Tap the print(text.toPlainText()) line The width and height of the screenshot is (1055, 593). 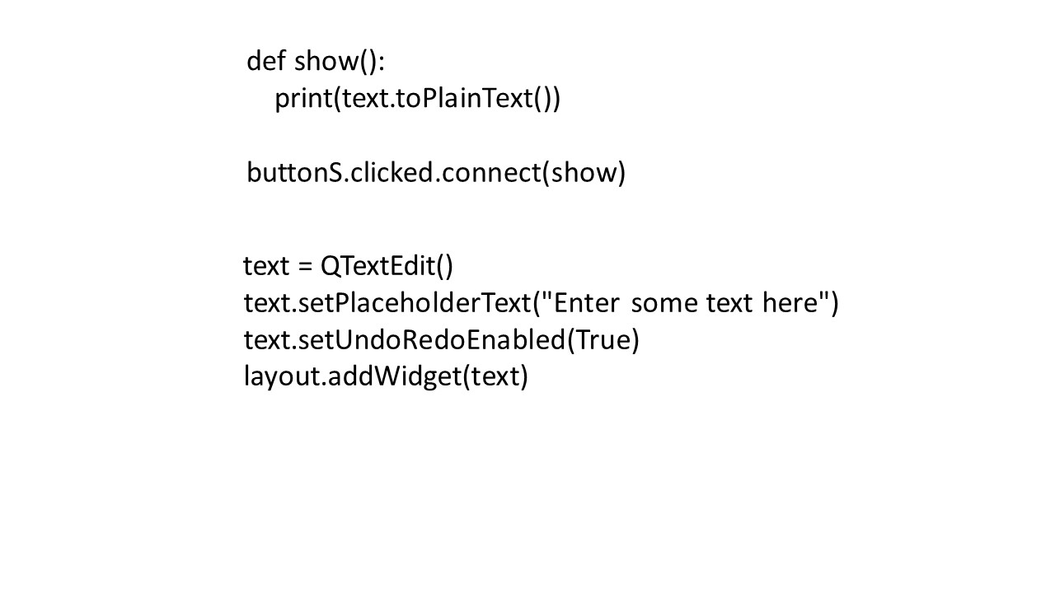tap(418, 99)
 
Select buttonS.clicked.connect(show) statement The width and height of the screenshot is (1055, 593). tap(436, 173)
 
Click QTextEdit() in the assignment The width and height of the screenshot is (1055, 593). tap(387, 266)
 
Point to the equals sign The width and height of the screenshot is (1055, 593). tap(305, 267)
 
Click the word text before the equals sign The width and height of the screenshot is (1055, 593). tap(266, 266)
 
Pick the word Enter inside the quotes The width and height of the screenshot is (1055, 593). tap(586, 302)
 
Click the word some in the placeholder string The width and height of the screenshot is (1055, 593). tap(664, 304)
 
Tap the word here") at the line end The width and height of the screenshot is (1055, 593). tap(800, 303)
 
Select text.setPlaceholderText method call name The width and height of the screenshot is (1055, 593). tap(387, 302)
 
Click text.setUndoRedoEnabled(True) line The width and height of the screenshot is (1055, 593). tap(441, 340)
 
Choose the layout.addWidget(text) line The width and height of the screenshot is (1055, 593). tap(386, 376)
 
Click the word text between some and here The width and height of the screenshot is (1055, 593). tap(729, 304)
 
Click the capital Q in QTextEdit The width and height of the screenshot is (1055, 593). tap(331, 266)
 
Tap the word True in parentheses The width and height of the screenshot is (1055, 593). tap(603, 340)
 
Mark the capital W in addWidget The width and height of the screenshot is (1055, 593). tap(392, 376)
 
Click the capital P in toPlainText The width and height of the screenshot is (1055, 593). tap(430, 99)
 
